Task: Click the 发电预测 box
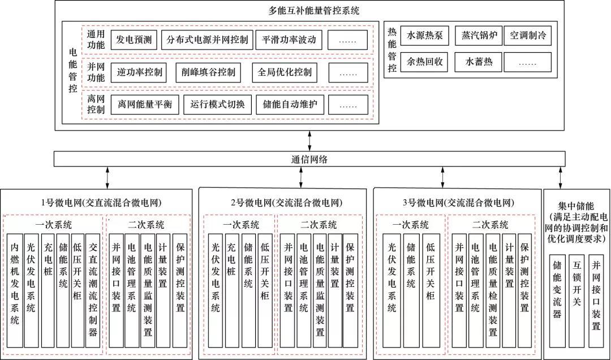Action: pos(134,40)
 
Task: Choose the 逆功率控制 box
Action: pos(140,72)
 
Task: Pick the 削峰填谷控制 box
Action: pos(208,72)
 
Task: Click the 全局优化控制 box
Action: pos(285,72)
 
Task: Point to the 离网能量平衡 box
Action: pos(144,105)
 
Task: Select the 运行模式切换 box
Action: pos(217,105)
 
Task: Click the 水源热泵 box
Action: pos(424,35)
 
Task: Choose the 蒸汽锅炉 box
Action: pos(476,35)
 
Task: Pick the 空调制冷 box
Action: pos(527,35)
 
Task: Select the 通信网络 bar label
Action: pos(305,159)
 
